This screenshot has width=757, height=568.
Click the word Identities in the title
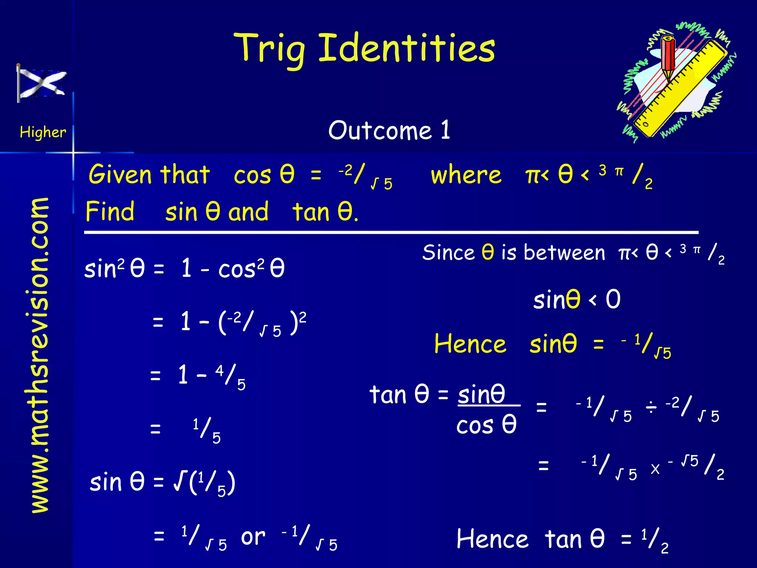[x=407, y=48]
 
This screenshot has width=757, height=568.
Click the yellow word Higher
[x=43, y=132]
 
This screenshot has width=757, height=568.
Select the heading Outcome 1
[x=389, y=131]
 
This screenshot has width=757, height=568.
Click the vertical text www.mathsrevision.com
[x=40, y=355]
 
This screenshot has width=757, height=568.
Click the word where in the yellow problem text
[x=466, y=175]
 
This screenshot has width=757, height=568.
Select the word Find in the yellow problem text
[x=110, y=212]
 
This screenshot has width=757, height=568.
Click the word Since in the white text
[x=448, y=253]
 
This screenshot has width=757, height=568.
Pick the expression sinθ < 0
[x=577, y=300]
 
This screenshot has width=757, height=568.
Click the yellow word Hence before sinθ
[x=470, y=344]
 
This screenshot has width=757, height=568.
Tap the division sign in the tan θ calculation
[x=651, y=408]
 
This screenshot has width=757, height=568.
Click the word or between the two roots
[x=253, y=537]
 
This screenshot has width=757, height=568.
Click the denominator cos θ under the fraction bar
[x=486, y=425]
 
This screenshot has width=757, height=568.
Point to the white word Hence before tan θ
[x=492, y=539]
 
